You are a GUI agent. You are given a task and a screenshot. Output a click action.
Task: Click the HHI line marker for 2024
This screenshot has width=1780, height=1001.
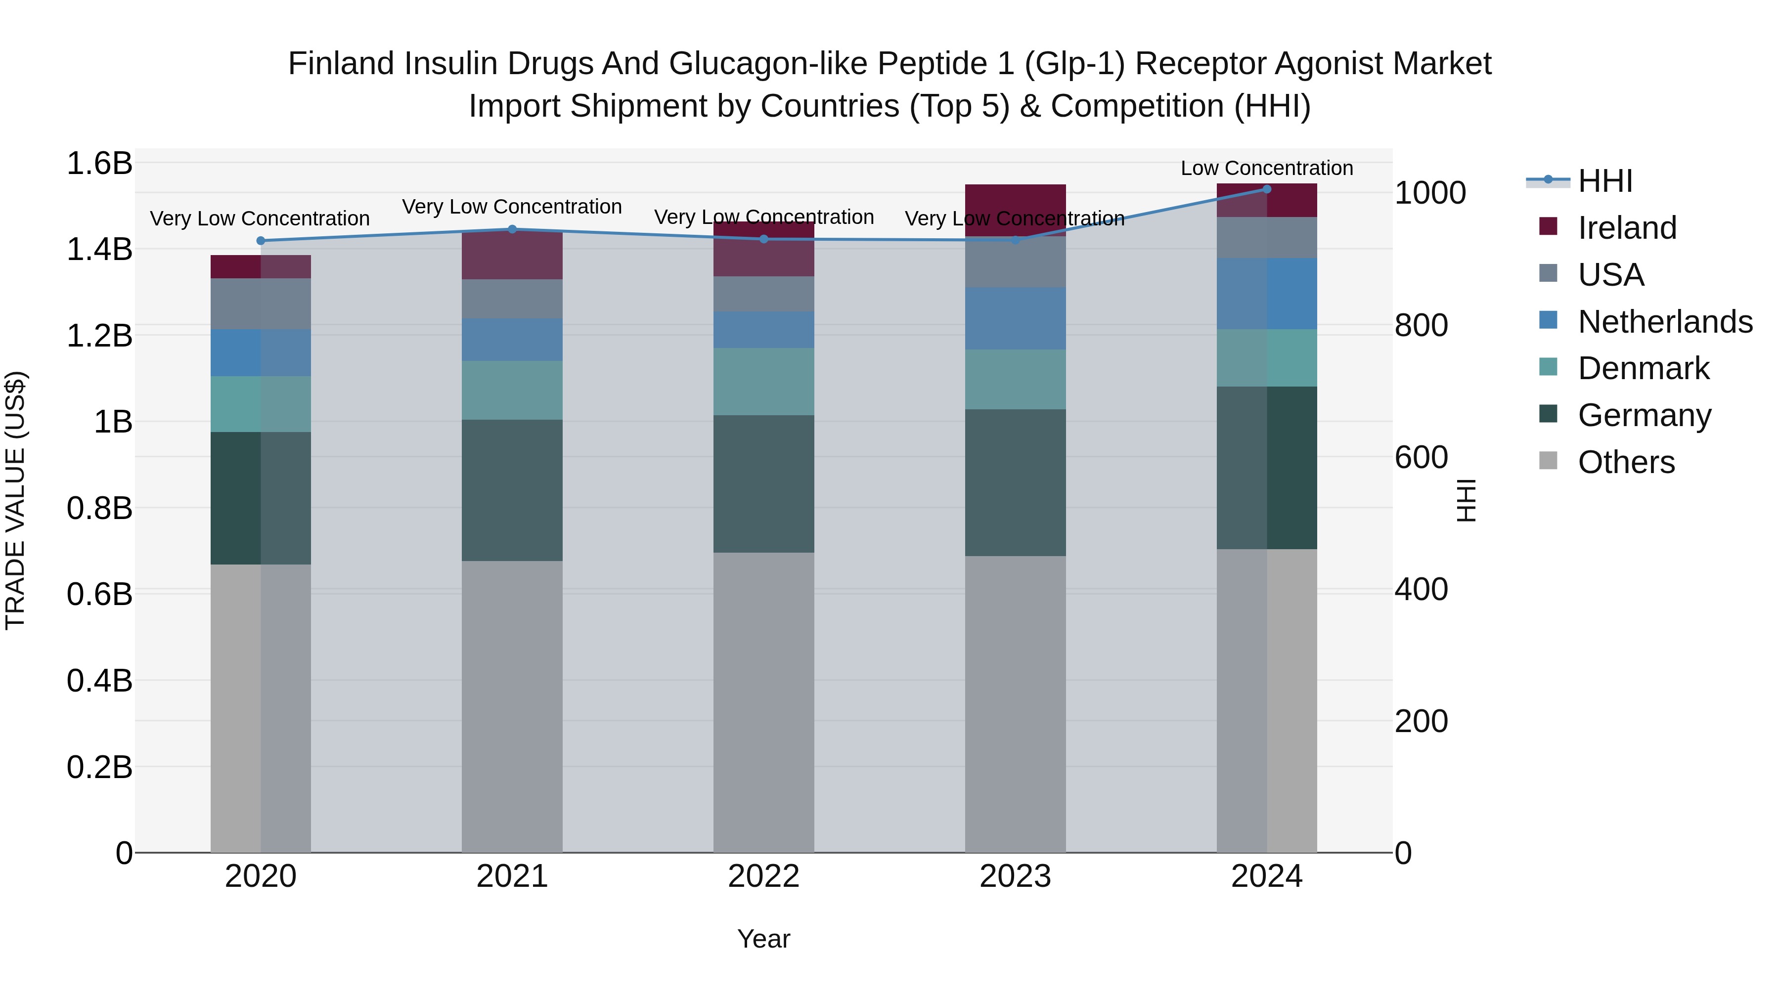pos(1267,189)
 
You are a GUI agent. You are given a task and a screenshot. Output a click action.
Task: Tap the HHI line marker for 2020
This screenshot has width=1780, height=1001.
pos(261,240)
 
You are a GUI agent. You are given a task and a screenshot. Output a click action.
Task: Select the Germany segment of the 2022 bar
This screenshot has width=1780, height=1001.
pos(763,483)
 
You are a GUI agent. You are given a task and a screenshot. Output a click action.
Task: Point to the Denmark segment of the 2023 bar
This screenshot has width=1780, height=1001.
pos(1015,379)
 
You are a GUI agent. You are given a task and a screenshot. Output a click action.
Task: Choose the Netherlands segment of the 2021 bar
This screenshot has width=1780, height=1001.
pos(512,339)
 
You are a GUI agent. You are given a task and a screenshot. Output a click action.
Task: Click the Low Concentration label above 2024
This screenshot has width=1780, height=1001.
pos(1267,168)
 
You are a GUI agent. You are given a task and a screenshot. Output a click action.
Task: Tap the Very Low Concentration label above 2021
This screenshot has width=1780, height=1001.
pos(512,207)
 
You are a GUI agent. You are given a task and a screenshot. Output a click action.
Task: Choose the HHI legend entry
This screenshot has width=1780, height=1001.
pos(1605,181)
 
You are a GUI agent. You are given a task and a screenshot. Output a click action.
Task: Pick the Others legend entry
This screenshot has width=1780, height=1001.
pos(1626,462)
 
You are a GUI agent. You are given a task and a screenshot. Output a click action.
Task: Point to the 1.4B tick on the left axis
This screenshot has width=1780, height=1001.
pos(99,250)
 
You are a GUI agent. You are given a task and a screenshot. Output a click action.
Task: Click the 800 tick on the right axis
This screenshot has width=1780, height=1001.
pos(1421,325)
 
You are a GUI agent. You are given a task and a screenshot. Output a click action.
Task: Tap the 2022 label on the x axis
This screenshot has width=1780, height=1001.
pos(763,876)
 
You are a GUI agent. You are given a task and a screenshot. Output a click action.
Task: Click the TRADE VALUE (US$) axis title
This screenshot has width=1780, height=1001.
pos(15,500)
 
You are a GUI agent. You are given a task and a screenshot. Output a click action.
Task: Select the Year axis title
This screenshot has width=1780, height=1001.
pos(763,939)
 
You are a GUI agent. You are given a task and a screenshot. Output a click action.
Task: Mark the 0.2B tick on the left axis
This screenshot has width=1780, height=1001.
pos(99,767)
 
